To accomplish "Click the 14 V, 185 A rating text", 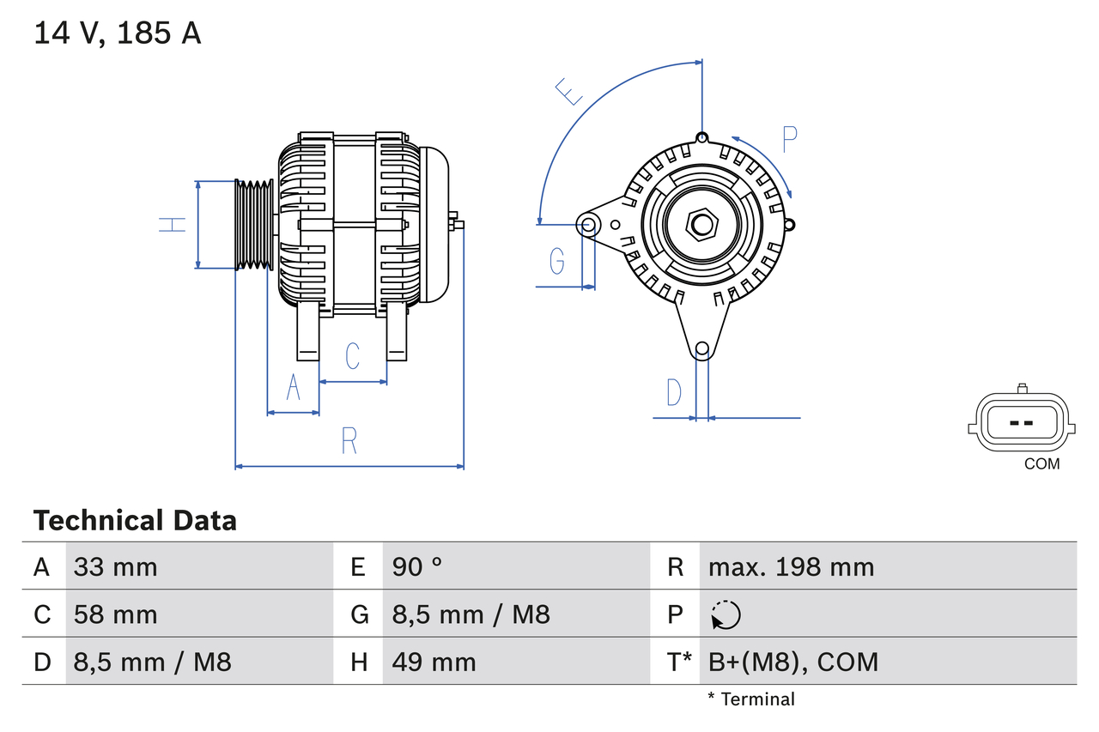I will pyautogui.click(x=118, y=33).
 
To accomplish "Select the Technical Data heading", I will pyautogui.click(x=135, y=521).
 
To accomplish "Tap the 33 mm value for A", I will pyautogui.click(x=115, y=567).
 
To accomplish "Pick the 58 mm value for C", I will pyautogui.click(x=115, y=614).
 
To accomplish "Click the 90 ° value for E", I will pyautogui.click(x=417, y=567).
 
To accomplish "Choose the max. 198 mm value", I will pyautogui.click(x=791, y=567).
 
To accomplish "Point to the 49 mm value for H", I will pyautogui.click(x=434, y=662).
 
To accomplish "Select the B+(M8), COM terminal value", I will pyautogui.click(x=792, y=662).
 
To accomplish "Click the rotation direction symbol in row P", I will pyautogui.click(x=726, y=614).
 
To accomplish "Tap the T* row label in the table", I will pyautogui.click(x=678, y=662).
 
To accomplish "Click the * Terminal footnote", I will pyautogui.click(x=751, y=699).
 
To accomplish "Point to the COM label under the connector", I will pyautogui.click(x=1041, y=464).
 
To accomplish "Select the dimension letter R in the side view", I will pyautogui.click(x=349, y=441).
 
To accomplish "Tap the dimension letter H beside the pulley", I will pyautogui.click(x=172, y=225).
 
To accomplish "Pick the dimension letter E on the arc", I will pyautogui.click(x=568, y=91).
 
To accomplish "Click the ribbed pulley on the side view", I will pyautogui.click(x=254, y=225).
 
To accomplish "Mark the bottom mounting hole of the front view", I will pyautogui.click(x=702, y=348).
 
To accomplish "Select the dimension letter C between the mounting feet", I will pyautogui.click(x=352, y=356).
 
